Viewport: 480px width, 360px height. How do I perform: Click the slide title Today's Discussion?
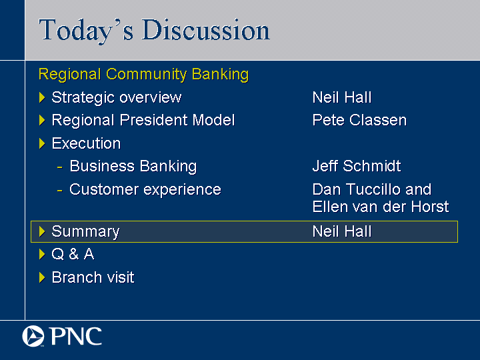point(154,30)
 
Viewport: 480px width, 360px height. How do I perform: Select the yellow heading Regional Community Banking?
point(143,75)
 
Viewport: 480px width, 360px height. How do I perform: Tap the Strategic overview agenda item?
point(117,97)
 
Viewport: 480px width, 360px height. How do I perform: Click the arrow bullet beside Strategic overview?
point(42,97)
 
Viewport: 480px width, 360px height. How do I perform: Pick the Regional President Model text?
point(143,120)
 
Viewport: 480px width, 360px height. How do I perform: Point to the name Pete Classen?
point(359,120)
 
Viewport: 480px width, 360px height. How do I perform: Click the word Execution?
point(86,143)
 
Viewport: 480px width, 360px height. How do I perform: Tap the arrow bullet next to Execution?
point(42,143)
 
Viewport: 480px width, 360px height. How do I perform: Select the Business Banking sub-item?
point(133,167)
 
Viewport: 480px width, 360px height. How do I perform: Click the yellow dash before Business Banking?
point(60,167)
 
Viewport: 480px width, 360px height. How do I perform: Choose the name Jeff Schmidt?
point(357,166)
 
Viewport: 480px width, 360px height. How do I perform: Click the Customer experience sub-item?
point(145,190)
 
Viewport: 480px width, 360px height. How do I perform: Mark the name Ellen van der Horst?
point(381,207)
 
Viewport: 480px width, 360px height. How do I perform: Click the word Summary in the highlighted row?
point(85,232)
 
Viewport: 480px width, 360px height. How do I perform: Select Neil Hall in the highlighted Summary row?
point(342,231)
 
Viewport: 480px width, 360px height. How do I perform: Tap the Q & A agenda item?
point(73,254)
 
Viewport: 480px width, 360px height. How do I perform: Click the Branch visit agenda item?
point(93,277)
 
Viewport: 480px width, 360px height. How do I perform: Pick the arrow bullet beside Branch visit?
point(42,277)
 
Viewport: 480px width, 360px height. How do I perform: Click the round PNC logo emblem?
point(33,336)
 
